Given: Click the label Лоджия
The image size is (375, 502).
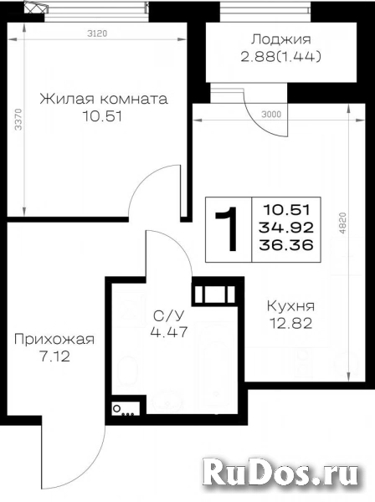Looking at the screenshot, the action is click(281, 39).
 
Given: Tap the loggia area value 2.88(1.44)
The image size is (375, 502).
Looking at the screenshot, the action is click(281, 57).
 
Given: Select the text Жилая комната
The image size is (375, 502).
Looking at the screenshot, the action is click(104, 99).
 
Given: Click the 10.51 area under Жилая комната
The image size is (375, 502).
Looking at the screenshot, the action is click(102, 116).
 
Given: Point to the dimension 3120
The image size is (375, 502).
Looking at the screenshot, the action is click(97, 33).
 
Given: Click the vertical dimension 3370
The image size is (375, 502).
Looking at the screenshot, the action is click(18, 120).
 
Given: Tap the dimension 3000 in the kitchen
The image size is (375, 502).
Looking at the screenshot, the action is click(271, 115).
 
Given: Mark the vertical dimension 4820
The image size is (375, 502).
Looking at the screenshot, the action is click(342, 223).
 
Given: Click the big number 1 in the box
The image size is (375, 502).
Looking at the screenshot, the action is click(229, 228).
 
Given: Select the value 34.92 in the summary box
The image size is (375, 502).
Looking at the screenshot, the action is click(286, 228).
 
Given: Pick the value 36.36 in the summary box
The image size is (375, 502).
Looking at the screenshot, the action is click(286, 245).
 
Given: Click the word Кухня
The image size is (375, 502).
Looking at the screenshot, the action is click(290, 306).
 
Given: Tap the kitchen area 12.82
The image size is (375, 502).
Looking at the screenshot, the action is click(290, 324).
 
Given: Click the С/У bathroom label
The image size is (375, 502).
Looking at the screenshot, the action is click(169, 316).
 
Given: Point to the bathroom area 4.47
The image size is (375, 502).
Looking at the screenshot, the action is click(169, 332).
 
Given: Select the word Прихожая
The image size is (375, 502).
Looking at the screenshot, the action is click(54, 339).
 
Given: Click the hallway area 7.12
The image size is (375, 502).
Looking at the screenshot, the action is click(54, 356).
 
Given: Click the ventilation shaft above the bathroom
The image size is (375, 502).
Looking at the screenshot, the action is click(215, 293).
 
